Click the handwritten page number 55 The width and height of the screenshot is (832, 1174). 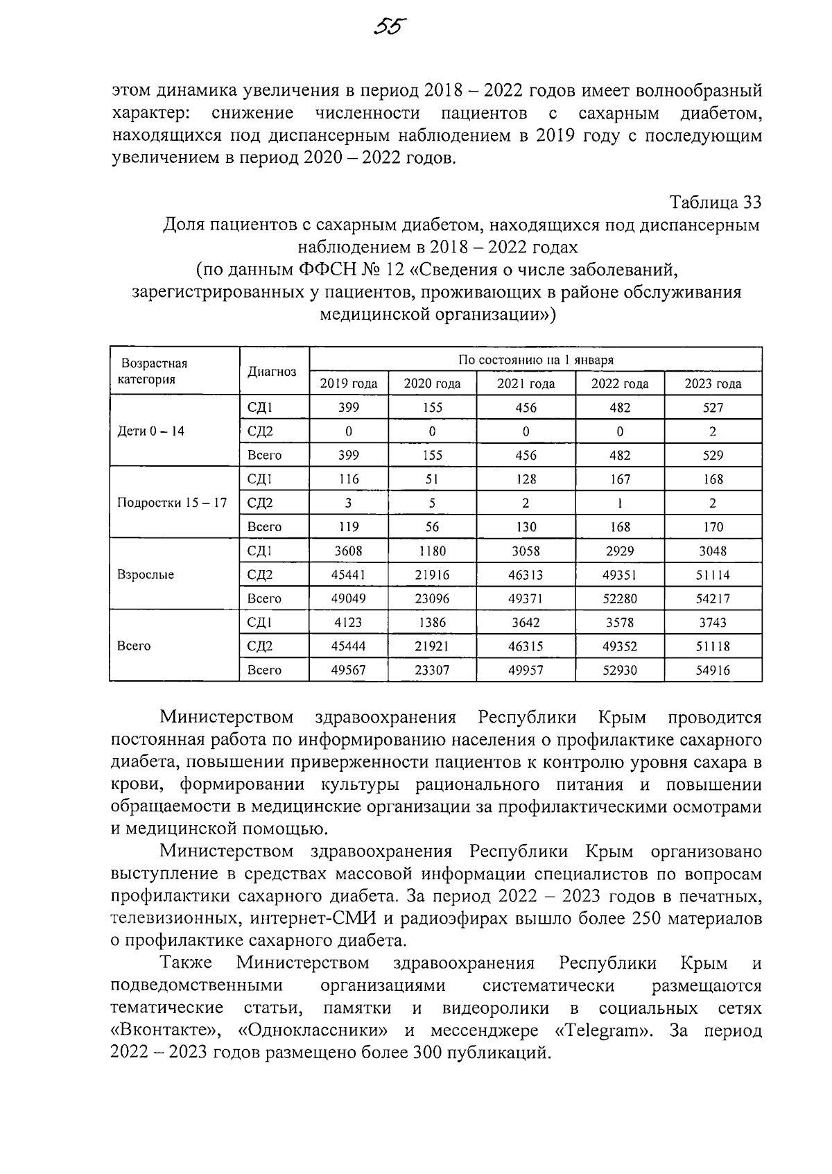coord(390,26)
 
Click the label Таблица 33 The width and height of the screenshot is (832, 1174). coord(715,202)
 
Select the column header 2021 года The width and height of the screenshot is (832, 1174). coord(526,383)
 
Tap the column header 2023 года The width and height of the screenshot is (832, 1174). coord(713,383)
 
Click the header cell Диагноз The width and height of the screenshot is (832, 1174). coord(272,372)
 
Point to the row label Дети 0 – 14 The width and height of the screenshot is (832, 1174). coord(151,431)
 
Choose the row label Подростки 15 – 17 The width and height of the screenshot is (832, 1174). coord(173,503)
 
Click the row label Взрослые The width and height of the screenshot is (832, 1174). coord(146,575)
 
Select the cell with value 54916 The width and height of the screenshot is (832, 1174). coord(713,670)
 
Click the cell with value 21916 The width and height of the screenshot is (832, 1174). coord(432,575)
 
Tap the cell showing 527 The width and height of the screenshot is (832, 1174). coord(713,408)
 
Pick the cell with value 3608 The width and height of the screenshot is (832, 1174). coord(348,551)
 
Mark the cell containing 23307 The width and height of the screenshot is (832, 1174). coord(432,670)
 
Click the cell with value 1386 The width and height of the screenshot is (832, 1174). coord(432,623)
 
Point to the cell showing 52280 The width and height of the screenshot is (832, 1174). coord(619,598)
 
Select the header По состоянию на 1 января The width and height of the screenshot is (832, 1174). coord(535,360)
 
